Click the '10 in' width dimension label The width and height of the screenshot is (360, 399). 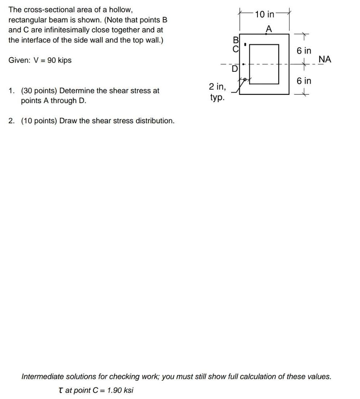coord(265,14)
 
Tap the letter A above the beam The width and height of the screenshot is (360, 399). coord(268,28)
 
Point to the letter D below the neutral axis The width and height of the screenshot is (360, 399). coord(234,68)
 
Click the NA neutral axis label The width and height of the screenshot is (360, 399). coord(325,59)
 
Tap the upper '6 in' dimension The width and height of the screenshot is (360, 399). coord(304,51)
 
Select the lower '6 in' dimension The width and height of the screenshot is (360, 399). coord(304,81)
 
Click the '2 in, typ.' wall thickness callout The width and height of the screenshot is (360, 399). coord(217,92)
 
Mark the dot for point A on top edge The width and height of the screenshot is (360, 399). coord(266,34)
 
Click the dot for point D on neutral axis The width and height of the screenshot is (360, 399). coord(244,65)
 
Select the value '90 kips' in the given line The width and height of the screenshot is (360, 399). coord(59,60)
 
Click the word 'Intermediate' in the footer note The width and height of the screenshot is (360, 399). coord(42,377)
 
